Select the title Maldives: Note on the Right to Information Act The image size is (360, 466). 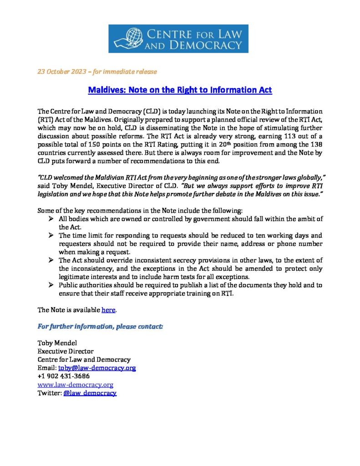click(x=180, y=90)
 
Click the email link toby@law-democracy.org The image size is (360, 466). click(x=97, y=368)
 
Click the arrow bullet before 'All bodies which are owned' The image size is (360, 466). click(x=51, y=219)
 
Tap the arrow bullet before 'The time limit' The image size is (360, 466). click(x=51, y=236)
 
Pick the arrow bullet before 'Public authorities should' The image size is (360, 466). click(x=51, y=285)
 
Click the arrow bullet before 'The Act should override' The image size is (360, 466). click(x=51, y=260)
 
